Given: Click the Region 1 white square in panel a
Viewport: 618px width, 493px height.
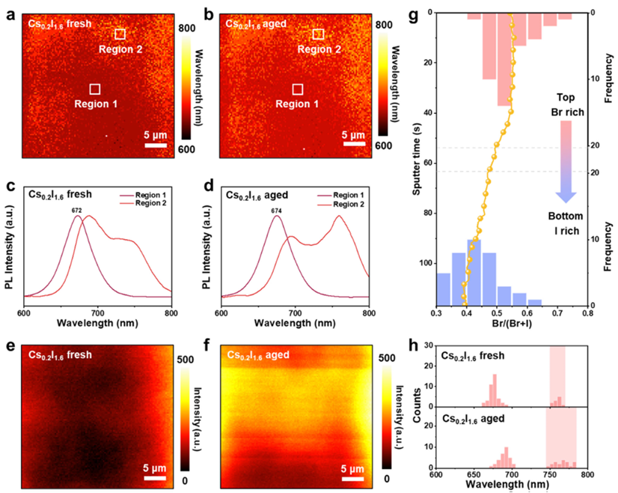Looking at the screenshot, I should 94,89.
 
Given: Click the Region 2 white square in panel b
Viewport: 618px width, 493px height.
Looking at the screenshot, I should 318,34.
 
